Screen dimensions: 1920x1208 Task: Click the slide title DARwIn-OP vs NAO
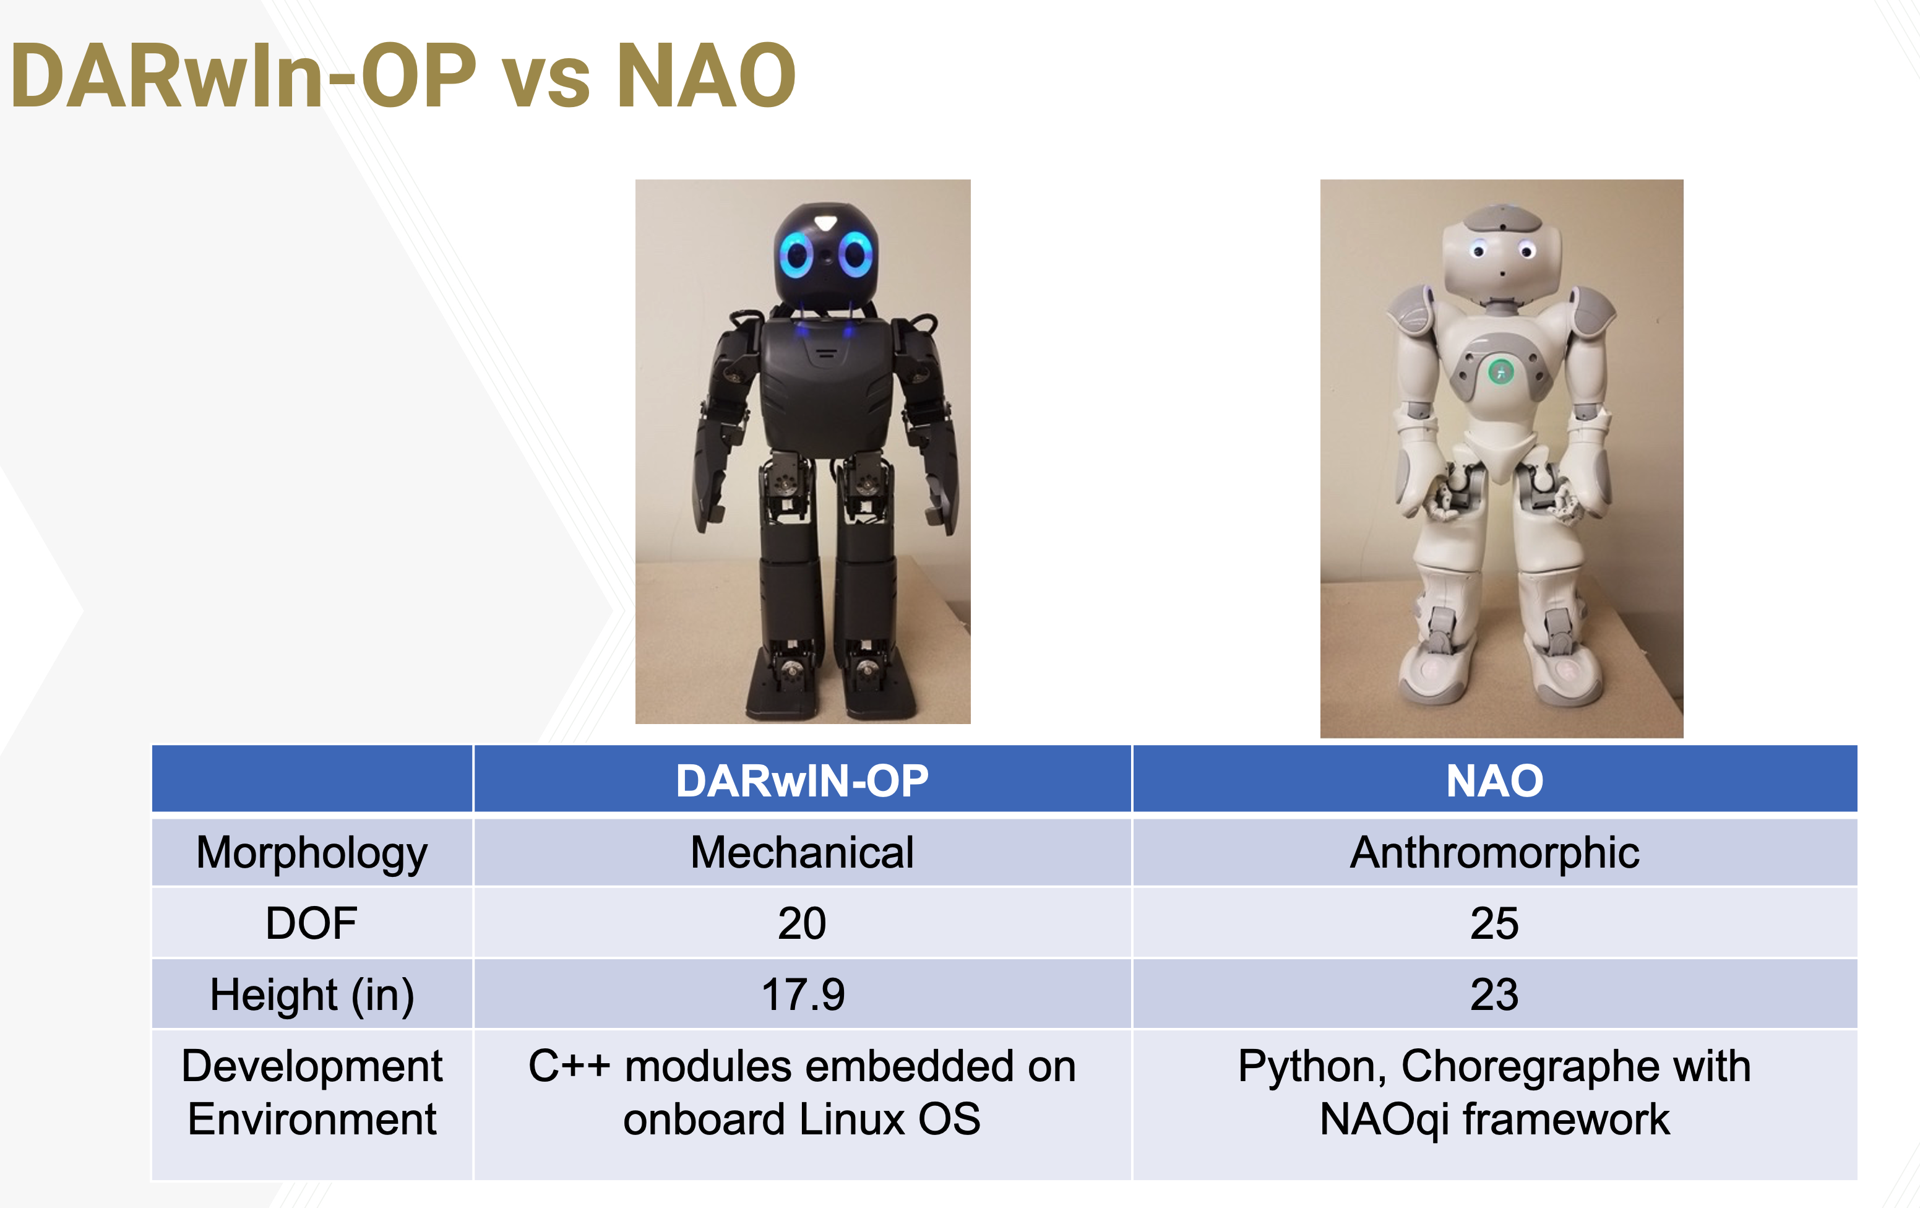403,75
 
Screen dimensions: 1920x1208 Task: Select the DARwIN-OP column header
802,780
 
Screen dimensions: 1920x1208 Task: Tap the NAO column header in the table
1494,780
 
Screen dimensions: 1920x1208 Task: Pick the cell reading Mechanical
802,852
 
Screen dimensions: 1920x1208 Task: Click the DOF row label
312,923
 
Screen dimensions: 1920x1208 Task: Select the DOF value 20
802,923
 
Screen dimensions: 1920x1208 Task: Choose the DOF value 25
1494,923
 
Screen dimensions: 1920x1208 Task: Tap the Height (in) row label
312,996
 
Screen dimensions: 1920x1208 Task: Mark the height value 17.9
802,994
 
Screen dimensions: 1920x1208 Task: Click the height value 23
1494,994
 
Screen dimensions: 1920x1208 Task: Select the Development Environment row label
312,1092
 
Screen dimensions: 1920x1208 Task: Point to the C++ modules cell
802,1092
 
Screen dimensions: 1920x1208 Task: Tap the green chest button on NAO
1500,371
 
